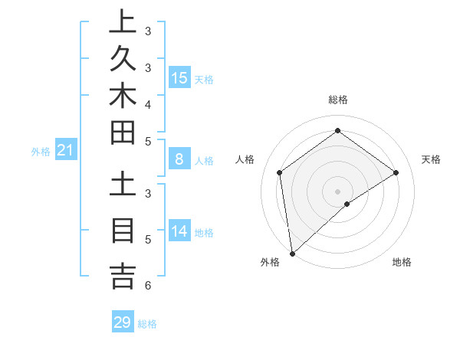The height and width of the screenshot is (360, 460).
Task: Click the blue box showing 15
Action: pos(179,77)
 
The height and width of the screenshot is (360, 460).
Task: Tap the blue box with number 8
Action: pos(179,159)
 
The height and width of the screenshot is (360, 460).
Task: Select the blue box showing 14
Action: pos(179,231)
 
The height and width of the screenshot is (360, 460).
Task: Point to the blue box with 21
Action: pos(66,151)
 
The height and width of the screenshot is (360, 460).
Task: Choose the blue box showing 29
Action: pos(123,322)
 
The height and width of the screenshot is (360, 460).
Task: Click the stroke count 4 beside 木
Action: pos(147,103)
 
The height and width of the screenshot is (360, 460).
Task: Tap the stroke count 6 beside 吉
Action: pos(147,286)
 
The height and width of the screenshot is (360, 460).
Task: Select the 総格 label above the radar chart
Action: pos(337,100)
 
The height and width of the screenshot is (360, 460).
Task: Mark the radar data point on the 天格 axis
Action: pos(396,172)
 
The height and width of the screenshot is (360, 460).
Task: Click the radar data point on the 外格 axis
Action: pos(292,253)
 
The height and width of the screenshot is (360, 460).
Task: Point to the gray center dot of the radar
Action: pos(337,191)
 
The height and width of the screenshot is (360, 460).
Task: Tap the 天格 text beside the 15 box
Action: pos(204,79)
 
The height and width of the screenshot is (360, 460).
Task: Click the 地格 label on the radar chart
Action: pos(402,262)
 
